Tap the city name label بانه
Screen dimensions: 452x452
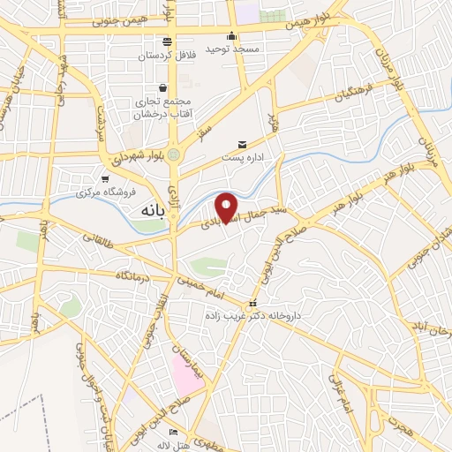151,213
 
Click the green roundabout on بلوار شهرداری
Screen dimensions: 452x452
174,154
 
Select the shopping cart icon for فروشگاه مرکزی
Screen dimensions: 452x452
105,178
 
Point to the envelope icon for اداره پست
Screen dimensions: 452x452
241,145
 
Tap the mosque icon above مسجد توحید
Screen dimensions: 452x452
231,36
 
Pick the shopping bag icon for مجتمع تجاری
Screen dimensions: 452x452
163,87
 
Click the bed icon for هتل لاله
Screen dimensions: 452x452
173,431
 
